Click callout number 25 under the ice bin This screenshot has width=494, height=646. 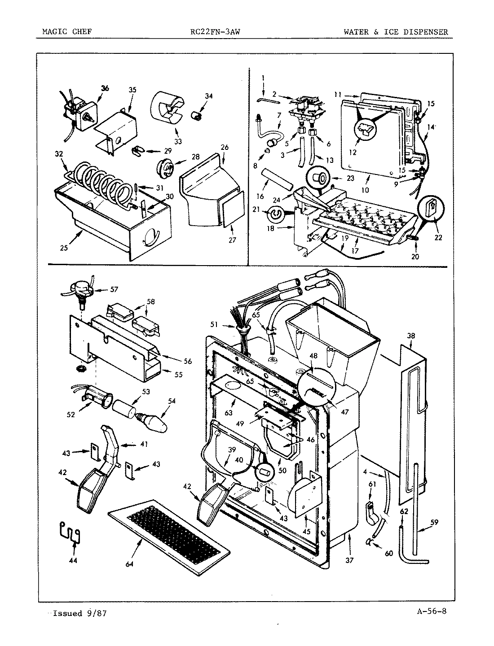[x=64, y=248]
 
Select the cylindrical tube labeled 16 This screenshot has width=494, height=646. [x=277, y=179]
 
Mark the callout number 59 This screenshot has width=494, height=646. [x=434, y=522]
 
